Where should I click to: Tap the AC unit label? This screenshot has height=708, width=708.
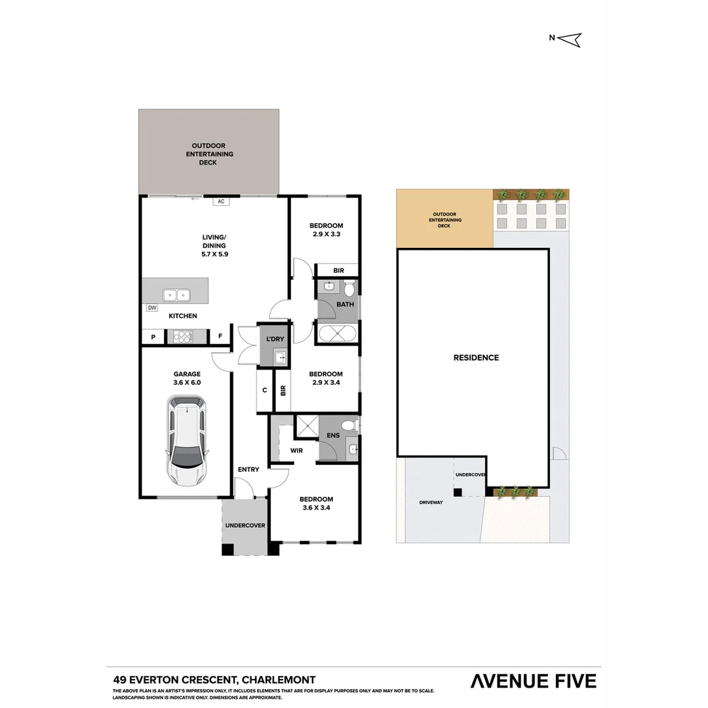point(221,201)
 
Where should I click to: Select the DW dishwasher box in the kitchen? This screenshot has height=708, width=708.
point(151,307)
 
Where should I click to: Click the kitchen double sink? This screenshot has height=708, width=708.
point(176,295)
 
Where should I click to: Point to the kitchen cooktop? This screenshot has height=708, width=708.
point(183,336)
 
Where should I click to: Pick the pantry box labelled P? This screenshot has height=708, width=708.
point(153,337)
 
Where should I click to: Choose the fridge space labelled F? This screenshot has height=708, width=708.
point(220,337)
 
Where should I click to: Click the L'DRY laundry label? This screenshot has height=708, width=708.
point(274,340)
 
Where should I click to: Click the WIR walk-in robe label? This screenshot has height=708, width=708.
point(296,451)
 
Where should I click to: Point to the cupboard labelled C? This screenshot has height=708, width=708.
point(265,390)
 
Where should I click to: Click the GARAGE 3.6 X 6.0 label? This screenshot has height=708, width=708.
point(187,378)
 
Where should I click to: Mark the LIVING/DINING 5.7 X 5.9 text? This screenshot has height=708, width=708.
point(214,246)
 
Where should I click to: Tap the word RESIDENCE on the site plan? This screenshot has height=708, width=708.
point(476,358)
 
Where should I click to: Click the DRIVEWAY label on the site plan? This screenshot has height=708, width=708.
point(431,503)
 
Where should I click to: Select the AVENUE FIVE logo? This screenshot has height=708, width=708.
point(533,681)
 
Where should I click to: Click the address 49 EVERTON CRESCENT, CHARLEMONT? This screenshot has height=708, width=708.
point(214,680)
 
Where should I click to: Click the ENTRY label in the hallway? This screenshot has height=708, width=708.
point(248,469)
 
